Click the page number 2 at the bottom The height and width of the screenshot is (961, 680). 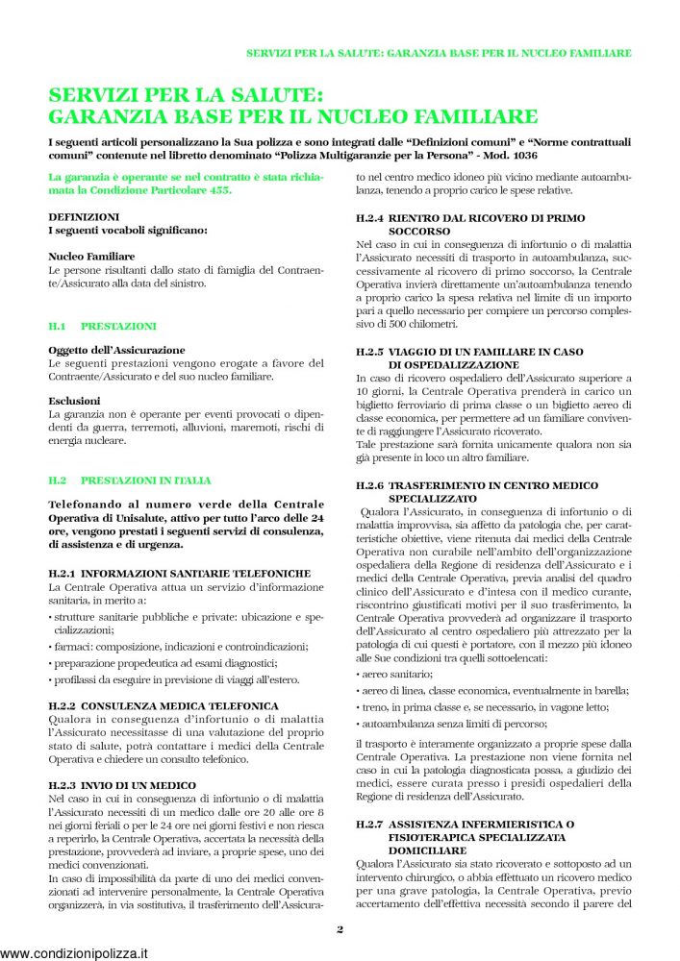(340, 929)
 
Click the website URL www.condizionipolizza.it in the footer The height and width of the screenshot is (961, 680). (75, 953)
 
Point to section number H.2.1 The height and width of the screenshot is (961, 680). (66, 573)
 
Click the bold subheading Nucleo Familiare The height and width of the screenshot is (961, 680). (91, 257)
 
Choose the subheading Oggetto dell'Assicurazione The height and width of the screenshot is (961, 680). (116, 350)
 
